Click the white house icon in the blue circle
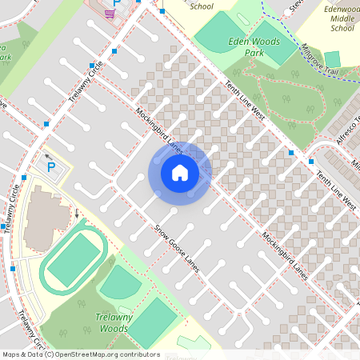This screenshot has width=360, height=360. tap(180, 172)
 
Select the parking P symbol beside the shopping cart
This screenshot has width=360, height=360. tap(117, 3)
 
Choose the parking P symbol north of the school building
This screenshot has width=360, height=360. tap(52, 167)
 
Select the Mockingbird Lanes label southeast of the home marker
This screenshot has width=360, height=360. tap(283, 255)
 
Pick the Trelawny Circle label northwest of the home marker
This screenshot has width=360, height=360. tap(86, 83)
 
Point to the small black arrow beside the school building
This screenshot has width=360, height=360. tap(77, 214)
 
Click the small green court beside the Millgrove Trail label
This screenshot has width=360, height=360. tap(332, 58)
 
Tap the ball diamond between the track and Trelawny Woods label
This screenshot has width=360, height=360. tap(119, 282)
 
